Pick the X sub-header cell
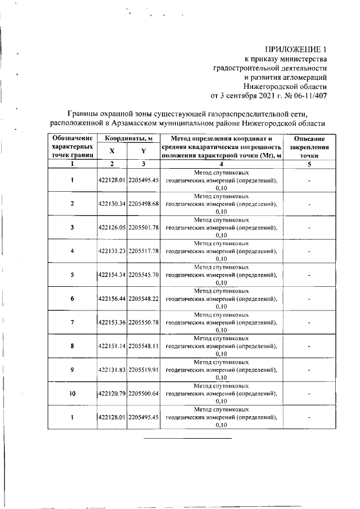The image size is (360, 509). pos(112,151)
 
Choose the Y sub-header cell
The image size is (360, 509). pos(144,151)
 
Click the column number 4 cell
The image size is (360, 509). pos(220,164)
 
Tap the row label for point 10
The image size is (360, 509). pos(72,394)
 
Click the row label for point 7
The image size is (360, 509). pos(72,323)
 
